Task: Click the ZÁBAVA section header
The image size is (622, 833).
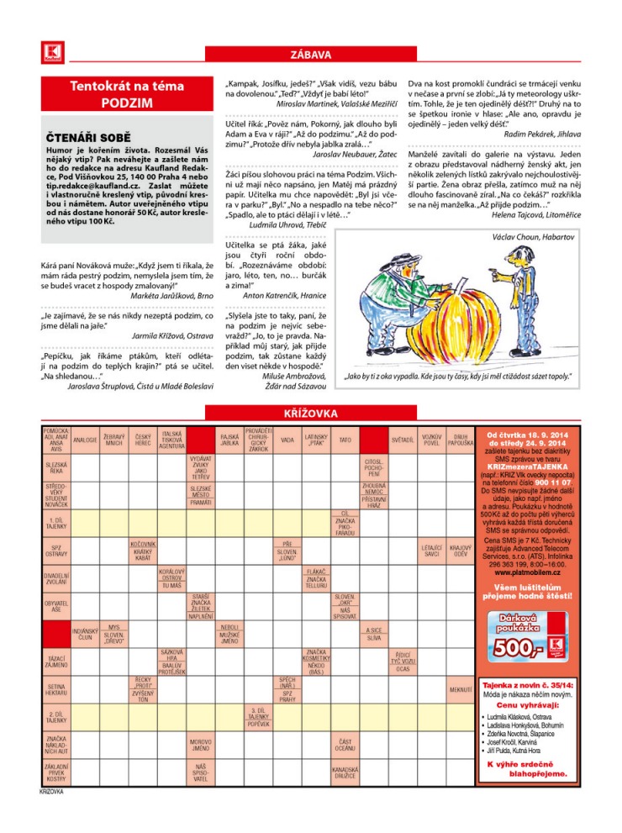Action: click(310, 55)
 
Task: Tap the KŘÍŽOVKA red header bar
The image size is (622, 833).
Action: click(310, 414)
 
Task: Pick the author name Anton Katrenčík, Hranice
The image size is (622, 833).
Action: click(291, 296)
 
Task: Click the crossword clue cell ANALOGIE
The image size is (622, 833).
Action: click(85, 439)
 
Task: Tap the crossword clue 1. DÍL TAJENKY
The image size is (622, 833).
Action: click(56, 524)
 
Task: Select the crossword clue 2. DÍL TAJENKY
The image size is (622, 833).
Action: click(56, 717)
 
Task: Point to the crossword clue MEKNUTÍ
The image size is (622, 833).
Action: click(459, 690)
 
